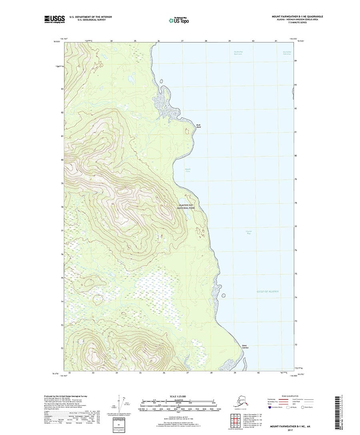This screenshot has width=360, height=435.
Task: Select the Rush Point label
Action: [198, 126]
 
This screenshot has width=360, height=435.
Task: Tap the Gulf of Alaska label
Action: [268, 292]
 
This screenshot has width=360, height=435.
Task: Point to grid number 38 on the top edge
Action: [206, 41]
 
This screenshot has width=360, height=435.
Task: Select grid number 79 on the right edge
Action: [295, 180]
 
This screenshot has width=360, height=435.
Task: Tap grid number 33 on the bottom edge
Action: [93, 373]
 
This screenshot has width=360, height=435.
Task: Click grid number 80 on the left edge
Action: [62, 160]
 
